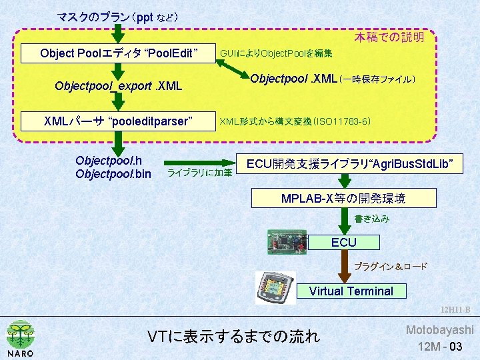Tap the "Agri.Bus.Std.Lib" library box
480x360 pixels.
coord(350,163)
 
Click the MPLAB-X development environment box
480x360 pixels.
coord(343,199)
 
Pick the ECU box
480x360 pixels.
coord(344,243)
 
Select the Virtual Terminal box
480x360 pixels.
coord(351,291)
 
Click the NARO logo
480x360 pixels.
coord(20,339)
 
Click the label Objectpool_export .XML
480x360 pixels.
coord(119,86)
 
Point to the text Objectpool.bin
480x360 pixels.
coord(113,175)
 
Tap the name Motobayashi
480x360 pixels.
coord(440,330)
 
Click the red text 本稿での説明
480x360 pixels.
coord(389,37)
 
